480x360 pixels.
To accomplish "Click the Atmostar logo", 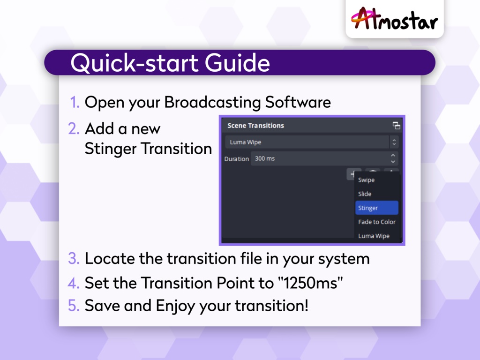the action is (394, 19).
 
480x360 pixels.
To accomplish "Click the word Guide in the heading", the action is (237, 63).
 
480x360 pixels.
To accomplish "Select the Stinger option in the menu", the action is (376, 208).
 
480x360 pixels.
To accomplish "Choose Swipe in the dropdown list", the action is (366, 180).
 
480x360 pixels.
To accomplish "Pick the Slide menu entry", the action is (365, 194).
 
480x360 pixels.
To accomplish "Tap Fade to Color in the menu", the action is (376, 222).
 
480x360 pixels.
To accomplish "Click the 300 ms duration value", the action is (265, 158).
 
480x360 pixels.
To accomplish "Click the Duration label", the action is (236, 159).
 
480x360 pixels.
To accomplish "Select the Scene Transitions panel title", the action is (255, 126).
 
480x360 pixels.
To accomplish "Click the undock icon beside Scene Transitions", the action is (397, 126).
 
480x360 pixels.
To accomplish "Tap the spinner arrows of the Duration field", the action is (393, 158).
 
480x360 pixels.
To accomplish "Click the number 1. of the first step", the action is (75, 102).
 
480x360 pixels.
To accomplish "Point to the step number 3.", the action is (74, 258).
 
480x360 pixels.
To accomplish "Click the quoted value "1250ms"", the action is (310, 283).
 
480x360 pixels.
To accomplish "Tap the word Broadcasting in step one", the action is (212, 102).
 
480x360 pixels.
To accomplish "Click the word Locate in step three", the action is (110, 258).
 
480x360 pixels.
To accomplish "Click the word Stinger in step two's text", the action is (111, 149).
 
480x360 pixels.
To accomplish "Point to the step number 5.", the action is (74, 306).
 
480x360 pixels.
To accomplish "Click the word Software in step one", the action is (298, 102).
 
